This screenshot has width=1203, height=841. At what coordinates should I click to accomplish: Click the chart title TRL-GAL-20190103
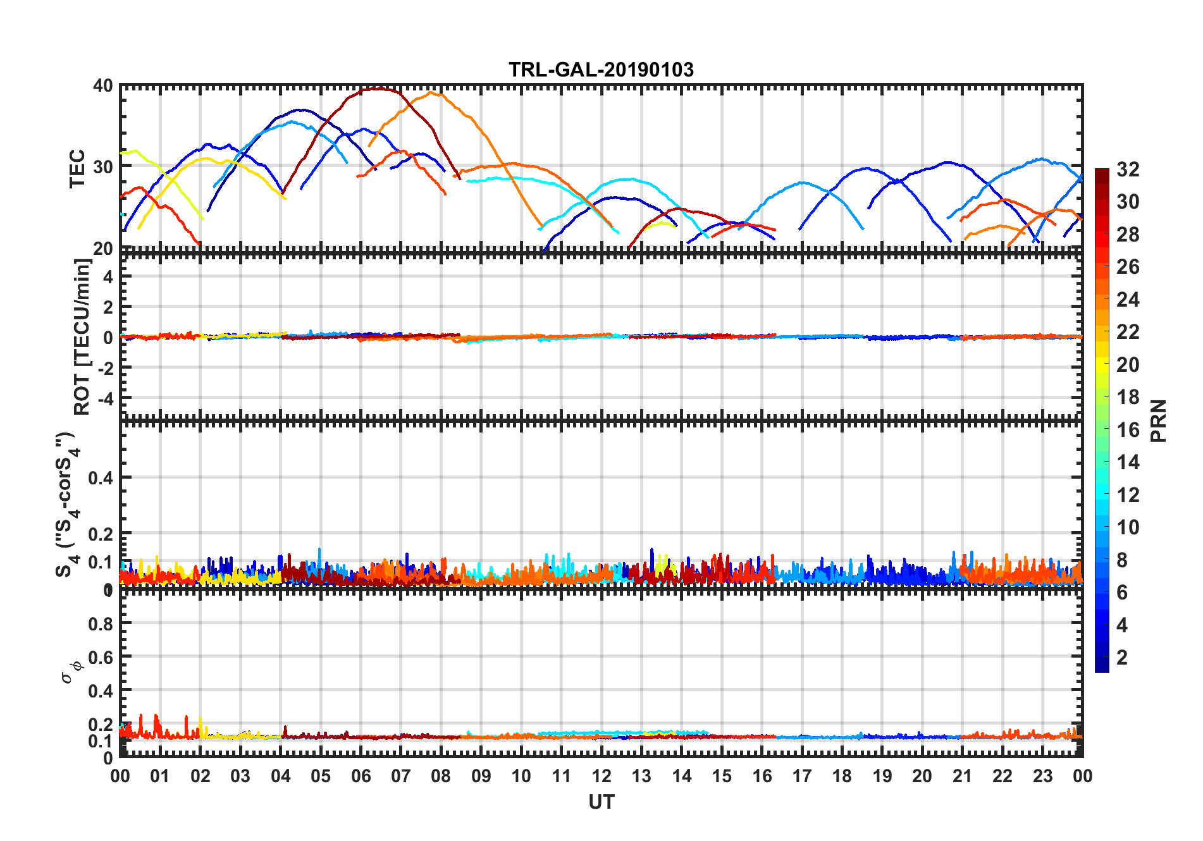(x=601, y=70)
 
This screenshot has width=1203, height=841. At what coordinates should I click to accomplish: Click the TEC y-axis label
(x=77, y=168)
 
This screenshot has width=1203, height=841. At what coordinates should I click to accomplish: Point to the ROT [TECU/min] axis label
(x=82, y=336)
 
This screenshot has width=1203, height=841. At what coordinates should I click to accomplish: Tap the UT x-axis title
(x=601, y=802)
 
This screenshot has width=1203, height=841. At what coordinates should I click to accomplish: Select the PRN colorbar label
(x=1158, y=420)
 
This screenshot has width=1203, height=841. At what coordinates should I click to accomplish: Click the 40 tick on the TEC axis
(x=103, y=86)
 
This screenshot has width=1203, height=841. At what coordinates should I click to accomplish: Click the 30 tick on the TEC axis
(x=103, y=167)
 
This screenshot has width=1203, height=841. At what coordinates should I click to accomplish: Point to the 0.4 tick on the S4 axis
(x=101, y=478)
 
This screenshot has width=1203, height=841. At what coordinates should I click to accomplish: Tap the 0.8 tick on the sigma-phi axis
(x=101, y=623)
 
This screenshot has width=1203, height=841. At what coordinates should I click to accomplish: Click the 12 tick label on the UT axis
(x=601, y=777)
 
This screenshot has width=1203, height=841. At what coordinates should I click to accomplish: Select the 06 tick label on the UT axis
(x=361, y=777)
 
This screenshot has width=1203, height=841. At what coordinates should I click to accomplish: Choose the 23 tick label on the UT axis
(x=1042, y=777)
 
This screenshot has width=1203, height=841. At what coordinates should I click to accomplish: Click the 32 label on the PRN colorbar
(x=1128, y=169)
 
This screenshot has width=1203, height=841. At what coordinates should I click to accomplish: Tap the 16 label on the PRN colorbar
(x=1128, y=430)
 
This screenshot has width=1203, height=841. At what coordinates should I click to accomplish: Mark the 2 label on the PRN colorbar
(x=1122, y=658)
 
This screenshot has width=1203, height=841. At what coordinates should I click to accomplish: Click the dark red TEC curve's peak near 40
(x=378, y=89)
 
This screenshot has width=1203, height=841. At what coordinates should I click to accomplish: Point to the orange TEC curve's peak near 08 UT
(x=431, y=93)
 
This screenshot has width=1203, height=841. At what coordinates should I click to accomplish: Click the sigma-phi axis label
(x=71, y=671)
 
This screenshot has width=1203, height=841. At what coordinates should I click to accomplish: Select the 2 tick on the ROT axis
(x=108, y=307)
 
